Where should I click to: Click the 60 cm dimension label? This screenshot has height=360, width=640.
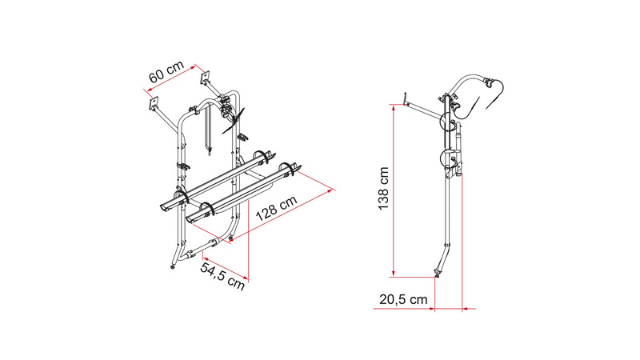166,71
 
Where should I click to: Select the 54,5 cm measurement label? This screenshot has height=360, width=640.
223,276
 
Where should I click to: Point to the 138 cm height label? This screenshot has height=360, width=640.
383,188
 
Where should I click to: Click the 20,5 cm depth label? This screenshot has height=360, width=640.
403,299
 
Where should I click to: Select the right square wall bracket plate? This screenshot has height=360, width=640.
204,78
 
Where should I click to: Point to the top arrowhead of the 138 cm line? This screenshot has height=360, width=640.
394,107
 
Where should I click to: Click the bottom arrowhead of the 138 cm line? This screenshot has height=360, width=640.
394,274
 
